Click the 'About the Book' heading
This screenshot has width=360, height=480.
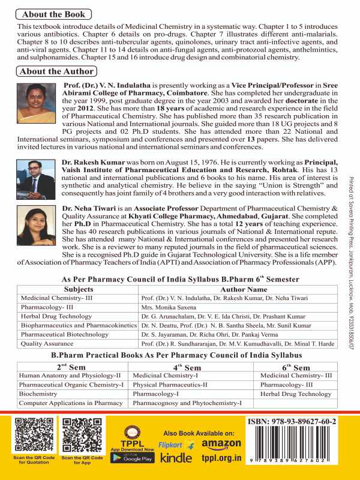(x=52, y=14)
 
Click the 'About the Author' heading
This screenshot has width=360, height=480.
(x=56, y=71)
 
